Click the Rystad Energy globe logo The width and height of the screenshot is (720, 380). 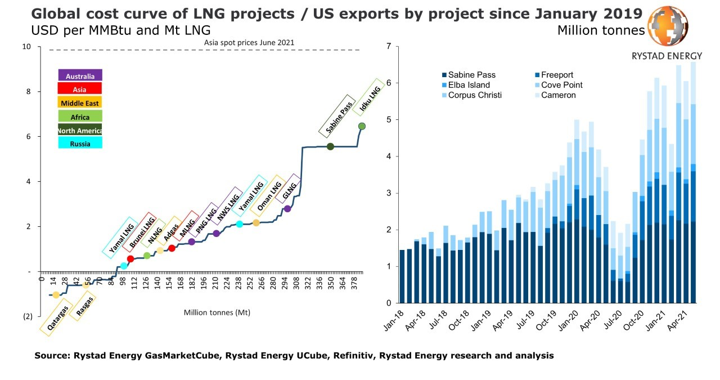(668, 28)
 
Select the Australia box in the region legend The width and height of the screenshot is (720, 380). (80, 76)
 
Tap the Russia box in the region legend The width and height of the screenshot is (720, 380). (80, 144)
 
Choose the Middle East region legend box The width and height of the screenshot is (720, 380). (80, 103)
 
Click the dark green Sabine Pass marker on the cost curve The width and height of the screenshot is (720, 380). (330, 146)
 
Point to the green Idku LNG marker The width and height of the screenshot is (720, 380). (362, 126)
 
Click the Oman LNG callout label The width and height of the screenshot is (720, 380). (268, 193)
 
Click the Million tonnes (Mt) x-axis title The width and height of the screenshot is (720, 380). (217, 312)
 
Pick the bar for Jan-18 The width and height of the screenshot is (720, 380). (402, 276)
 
